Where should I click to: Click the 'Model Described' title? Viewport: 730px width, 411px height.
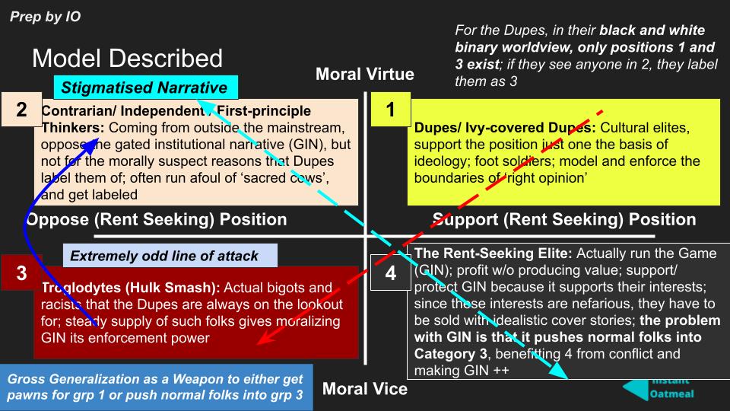point(127,59)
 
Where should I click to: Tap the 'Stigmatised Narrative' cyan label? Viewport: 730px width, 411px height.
point(144,87)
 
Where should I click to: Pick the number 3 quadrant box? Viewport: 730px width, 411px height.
point(21,273)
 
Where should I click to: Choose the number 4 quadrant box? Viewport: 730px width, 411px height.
point(390,273)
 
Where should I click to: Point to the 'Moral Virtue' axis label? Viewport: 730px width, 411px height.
point(364,74)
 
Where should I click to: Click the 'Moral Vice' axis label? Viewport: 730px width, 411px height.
point(365,389)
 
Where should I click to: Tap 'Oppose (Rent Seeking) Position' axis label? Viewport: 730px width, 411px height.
point(157,220)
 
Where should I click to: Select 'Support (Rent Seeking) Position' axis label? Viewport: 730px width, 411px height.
point(563,220)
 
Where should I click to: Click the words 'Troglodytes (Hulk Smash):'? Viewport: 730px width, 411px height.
point(113,288)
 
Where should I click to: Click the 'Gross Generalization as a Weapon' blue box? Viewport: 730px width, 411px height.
point(156,387)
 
